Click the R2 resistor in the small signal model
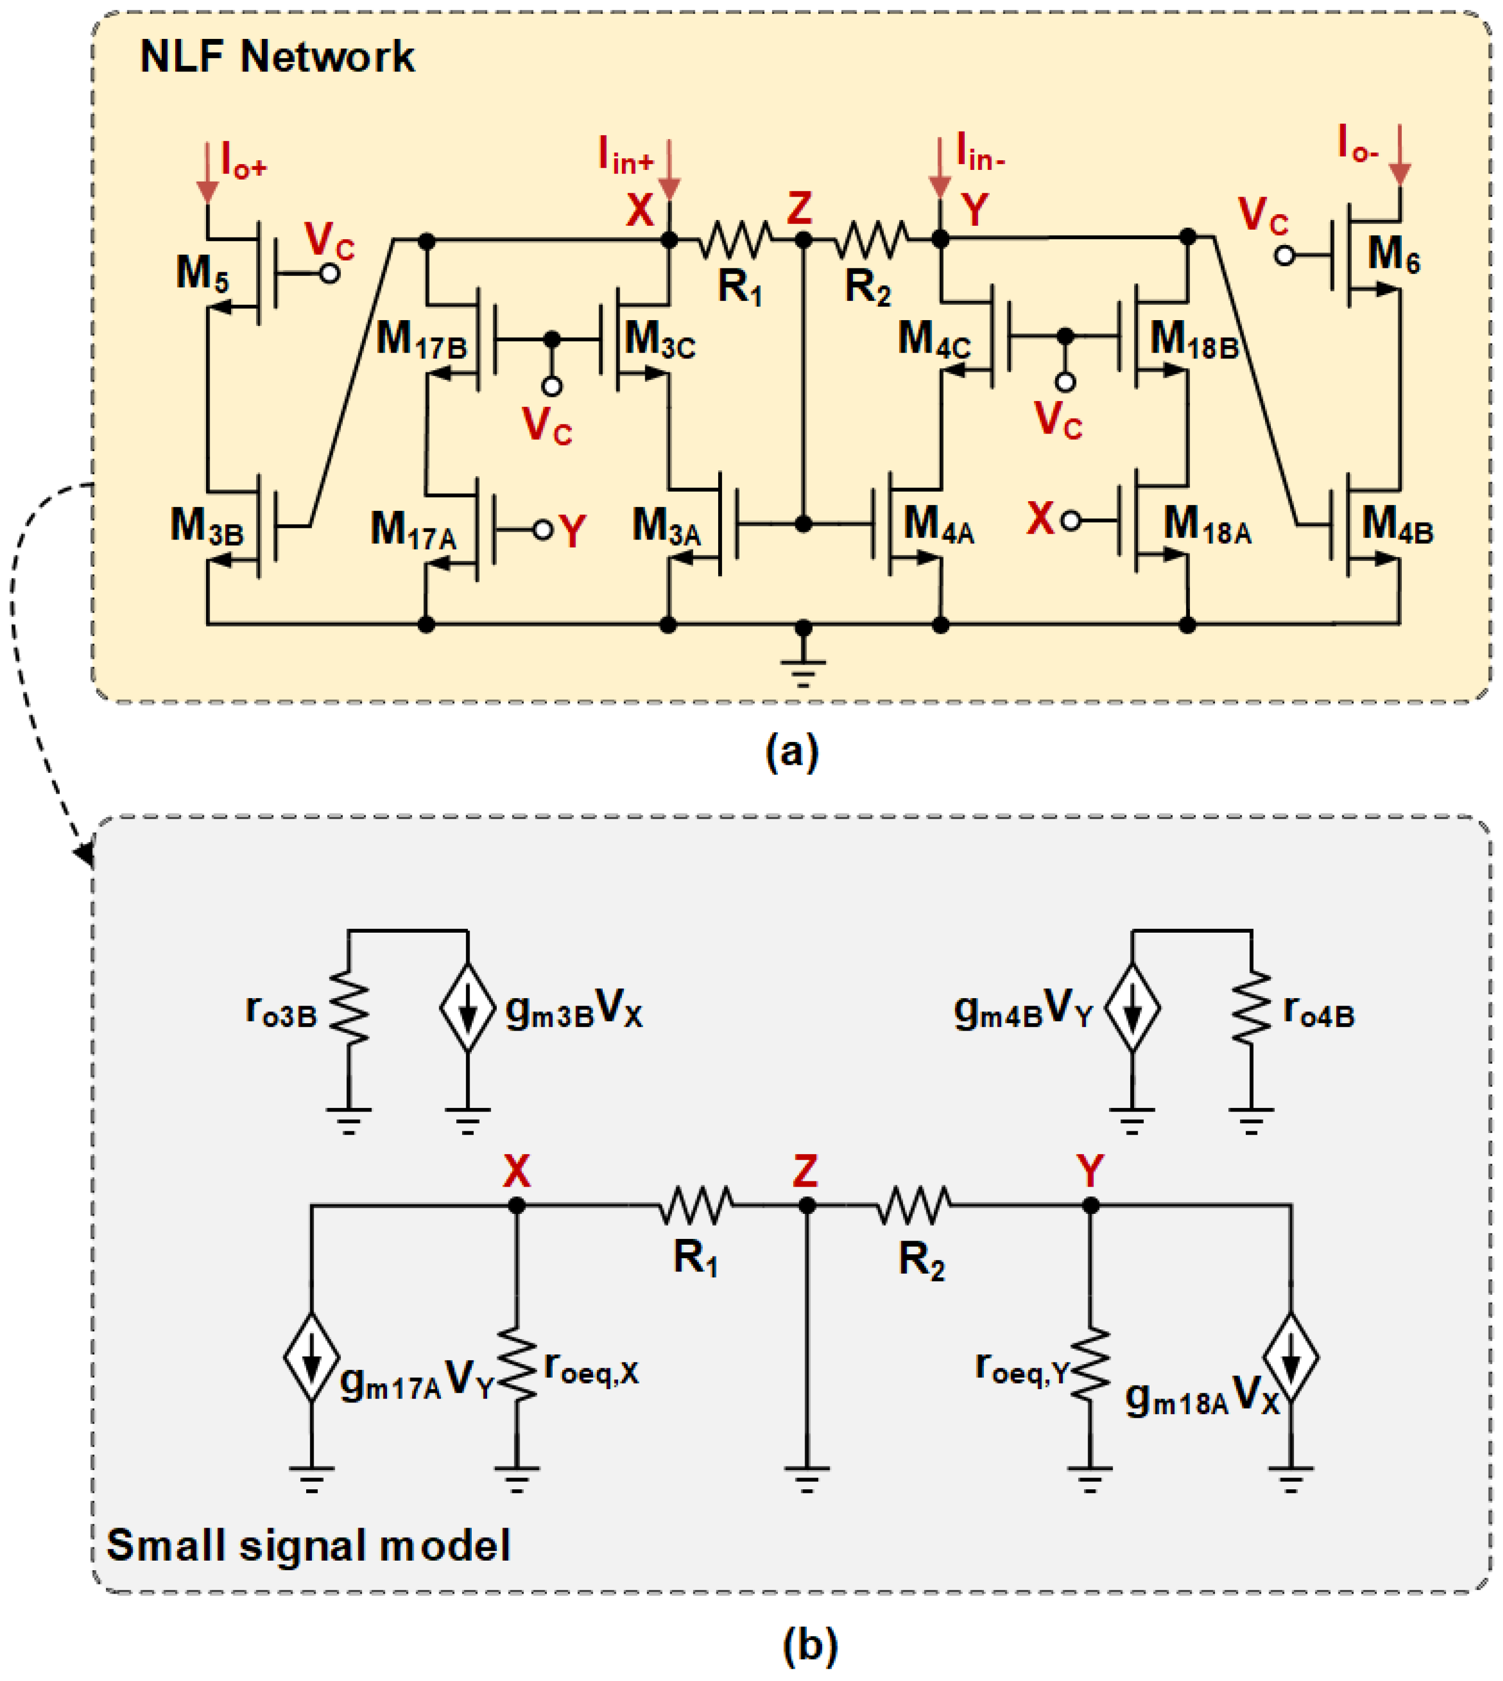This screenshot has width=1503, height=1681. (914, 1206)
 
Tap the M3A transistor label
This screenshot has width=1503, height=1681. (667, 527)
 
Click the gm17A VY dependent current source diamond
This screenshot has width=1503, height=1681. (311, 1357)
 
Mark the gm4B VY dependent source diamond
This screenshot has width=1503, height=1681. (1132, 1009)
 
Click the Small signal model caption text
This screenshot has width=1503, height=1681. (309, 1545)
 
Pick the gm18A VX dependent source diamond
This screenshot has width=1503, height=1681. (1291, 1357)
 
